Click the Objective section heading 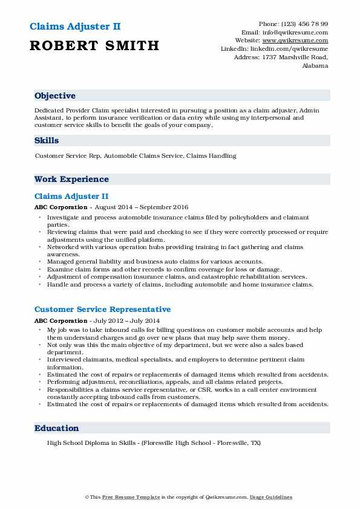click(55, 96)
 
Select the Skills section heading click(47, 140)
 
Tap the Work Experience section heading click(71, 179)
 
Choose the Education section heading click(57, 428)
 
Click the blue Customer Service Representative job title click(102, 310)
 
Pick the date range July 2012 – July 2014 click(119, 320)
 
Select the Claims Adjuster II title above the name click(74, 27)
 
